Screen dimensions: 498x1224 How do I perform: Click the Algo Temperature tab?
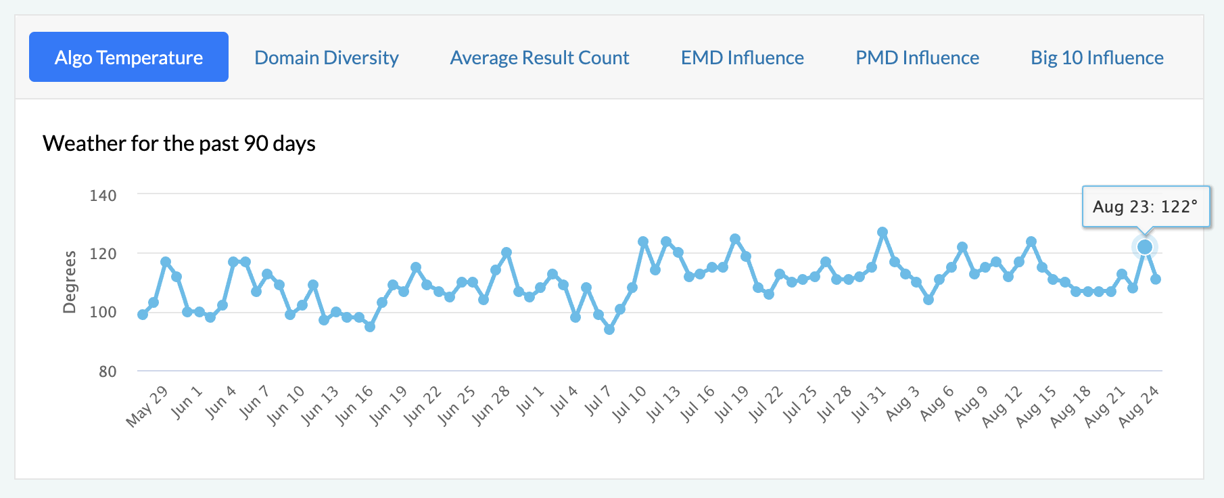128,58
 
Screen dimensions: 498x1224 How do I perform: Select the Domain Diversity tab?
327,58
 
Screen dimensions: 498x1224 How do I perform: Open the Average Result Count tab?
540,58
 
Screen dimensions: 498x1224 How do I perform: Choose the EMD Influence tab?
742,58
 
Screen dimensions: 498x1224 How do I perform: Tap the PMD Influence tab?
917,58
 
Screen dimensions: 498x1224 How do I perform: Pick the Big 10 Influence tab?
1097,58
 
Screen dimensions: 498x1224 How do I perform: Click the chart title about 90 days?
179,143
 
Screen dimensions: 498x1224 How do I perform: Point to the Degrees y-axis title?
70,282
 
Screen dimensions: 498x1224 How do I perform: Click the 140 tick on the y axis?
103,196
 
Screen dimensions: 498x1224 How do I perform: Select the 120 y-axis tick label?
103,254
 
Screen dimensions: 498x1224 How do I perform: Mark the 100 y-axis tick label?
103,313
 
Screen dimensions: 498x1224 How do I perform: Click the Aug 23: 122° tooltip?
1145,206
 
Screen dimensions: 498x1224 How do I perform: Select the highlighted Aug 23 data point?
1144,247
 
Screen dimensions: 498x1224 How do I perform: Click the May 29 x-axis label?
147,406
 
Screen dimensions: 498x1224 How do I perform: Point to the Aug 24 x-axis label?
1139,406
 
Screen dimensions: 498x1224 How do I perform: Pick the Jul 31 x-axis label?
870,405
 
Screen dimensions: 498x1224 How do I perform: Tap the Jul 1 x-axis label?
530,401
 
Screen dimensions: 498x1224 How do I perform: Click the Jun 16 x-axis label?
355,405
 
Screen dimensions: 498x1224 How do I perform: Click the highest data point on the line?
882,232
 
